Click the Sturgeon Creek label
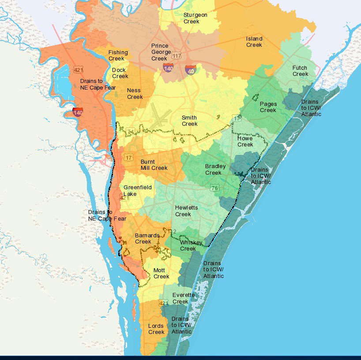(x=195, y=18)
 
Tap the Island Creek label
(x=254, y=41)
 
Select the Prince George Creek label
(x=159, y=52)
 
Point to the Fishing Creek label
(x=118, y=55)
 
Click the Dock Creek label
(x=119, y=73)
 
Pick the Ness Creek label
(x=134, y=94)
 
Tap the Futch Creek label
(x=300, y=71)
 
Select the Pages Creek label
(x=268, y=107)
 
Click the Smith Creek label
(x=189, y=120)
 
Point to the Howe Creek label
(x=245, y=141)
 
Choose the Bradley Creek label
(x=215, y=169)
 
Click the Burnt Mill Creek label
(x=154, y=165)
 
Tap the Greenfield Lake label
(x=137, y=191)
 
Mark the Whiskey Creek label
(x=191, y=246)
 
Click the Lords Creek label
(x=156, y=329)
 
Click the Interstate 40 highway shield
(x=191, y=69)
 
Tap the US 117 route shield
(x=177, y=56)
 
